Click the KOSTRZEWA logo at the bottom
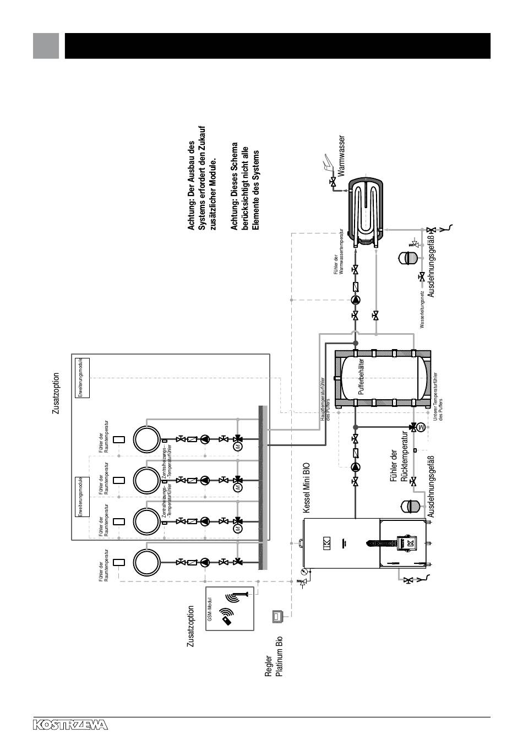coord(71,725)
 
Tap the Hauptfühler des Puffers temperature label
coord(325,400)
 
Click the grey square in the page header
coord(46,46)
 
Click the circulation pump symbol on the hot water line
coord(356,300)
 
